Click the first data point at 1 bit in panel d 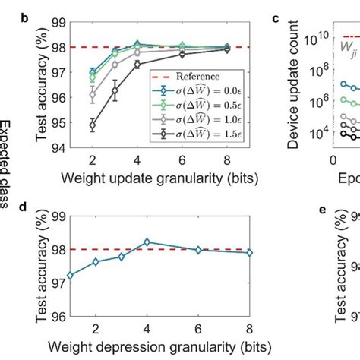[x=70, y=276]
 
